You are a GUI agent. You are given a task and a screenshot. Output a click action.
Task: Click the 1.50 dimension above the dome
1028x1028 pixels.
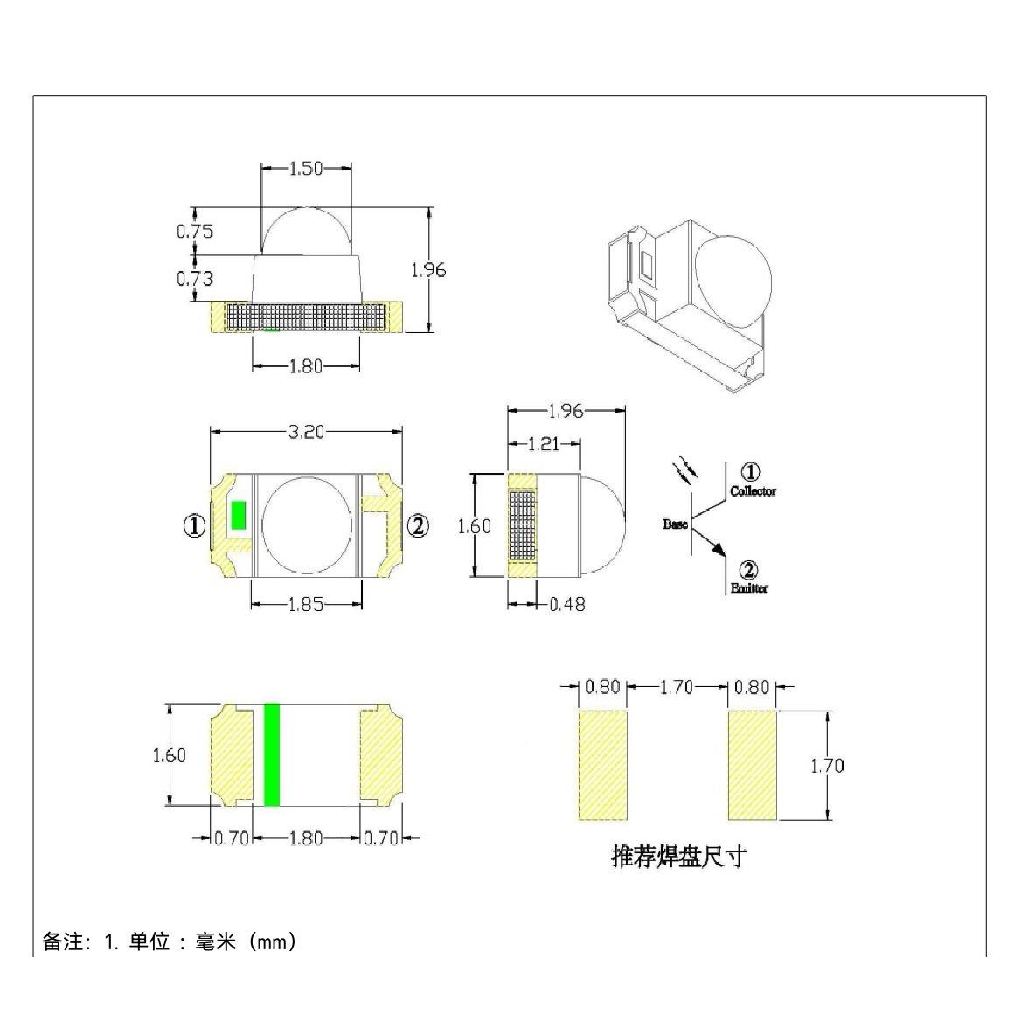pyautogui.click(x=306, y=169)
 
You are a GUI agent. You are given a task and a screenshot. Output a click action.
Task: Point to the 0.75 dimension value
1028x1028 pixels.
pyautogui.click(x=194, y=232)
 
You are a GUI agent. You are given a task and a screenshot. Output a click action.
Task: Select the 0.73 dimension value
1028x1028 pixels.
pyautogui.click(x=194, y=279)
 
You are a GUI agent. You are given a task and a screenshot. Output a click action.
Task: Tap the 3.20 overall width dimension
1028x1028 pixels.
pyautogui.click(x=305, y=431)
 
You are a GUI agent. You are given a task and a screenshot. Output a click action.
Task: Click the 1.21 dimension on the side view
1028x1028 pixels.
pyautogui.click(x=543, y=444)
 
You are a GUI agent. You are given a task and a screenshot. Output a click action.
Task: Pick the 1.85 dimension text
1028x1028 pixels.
pyautogui.click(x=306, y=603)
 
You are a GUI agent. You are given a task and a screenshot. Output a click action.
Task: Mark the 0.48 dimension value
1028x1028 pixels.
pyautogui.click(x=567, y=604)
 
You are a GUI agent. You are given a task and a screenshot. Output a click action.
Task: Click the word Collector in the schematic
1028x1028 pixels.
pyautogui.click(x=753, y=492)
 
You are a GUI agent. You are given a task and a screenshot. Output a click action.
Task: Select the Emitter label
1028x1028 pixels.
pyautogui.click(x=749, y=588)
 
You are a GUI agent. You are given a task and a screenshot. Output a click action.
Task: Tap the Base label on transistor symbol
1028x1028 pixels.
pyautogui.click(x=675, y=524)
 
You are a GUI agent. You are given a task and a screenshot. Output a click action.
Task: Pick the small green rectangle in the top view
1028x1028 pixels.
pyautogui.click(x=237, y=516)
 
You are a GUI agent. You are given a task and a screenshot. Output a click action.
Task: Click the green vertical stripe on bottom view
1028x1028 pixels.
pyautogui.click(x=272, y=754)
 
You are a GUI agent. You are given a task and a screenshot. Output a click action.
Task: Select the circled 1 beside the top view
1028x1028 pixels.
pyautogui.click(x=194, y=525)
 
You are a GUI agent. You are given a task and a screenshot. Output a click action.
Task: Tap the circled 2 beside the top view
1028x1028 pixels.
pyautogui.click(x=419, y=525)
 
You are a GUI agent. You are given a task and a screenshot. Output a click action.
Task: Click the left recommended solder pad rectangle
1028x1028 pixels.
pyautogui.click(x=603, y=766)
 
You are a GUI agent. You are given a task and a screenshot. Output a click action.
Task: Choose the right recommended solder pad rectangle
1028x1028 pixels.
pyautogui.click(x=753, y=766)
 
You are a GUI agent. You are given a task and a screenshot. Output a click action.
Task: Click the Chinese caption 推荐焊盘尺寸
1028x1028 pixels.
pyautogui.click(x=678, y=856)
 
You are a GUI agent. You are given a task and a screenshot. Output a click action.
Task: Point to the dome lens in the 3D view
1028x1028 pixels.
pyautogui.click(x=733, y=278)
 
